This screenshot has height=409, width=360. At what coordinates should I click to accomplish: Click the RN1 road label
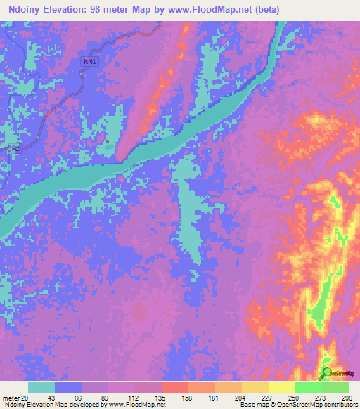(89, 63)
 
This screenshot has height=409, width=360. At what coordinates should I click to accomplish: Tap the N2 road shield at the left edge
(15, 148)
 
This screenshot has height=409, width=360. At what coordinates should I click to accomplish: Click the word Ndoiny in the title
(27, 10)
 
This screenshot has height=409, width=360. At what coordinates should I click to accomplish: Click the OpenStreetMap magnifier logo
(327, 373)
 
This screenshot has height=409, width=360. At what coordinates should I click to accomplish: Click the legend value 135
(160, 398)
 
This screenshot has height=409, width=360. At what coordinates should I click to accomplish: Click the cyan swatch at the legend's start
(41, 387)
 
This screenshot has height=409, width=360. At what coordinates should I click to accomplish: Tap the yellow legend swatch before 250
(281, 387)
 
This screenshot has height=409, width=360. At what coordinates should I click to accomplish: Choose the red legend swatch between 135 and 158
(174, 387)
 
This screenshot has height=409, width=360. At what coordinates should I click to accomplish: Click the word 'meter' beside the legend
(11, 398)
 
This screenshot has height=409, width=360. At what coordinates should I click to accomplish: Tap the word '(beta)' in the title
(266, 10)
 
